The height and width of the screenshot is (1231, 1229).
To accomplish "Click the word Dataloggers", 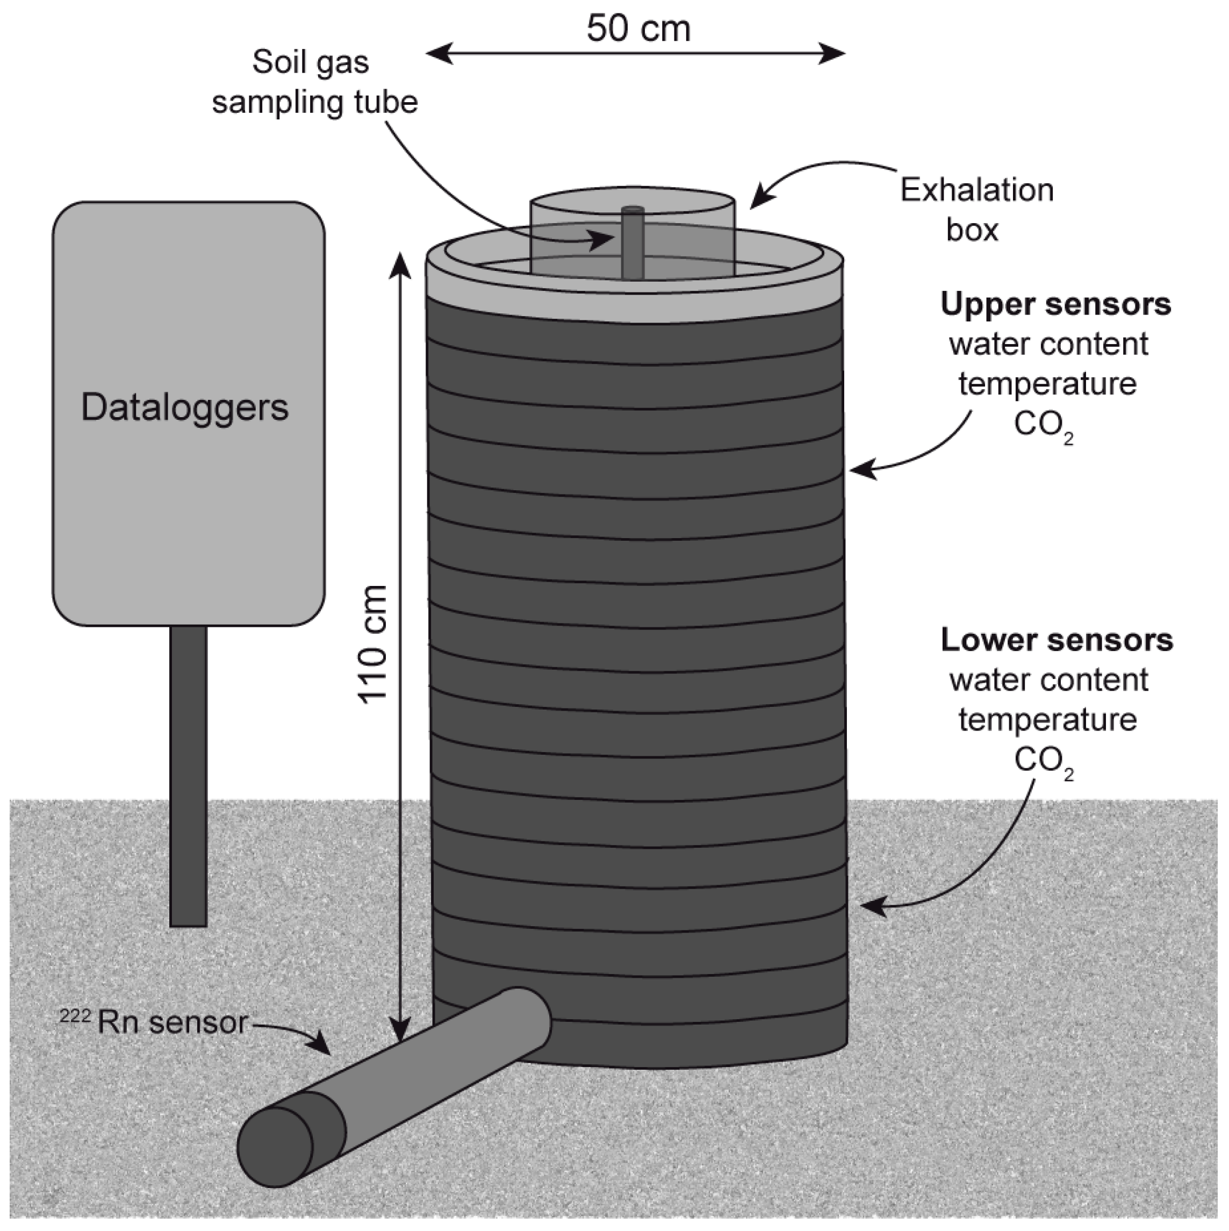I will pos(185,408).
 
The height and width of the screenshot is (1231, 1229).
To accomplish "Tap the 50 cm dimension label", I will pos(638,28).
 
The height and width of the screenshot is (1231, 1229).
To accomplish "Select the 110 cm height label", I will pos(373,644).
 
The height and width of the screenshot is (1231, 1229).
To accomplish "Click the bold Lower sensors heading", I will pos(1056,640).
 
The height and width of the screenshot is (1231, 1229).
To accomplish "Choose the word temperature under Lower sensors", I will pos(1047,720).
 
